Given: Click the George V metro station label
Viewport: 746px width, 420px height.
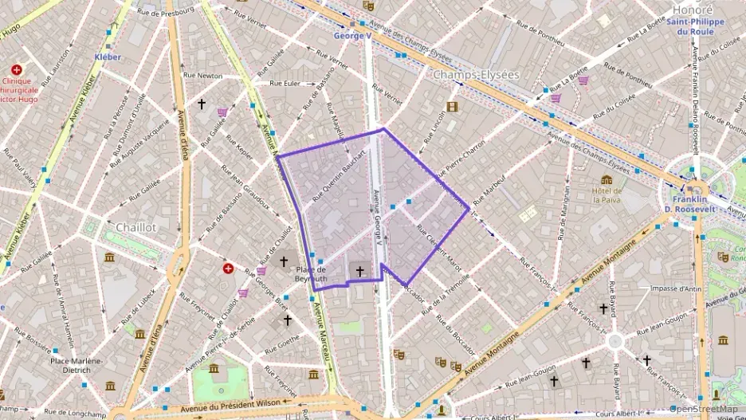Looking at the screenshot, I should pyautogui.click(x=353, y=36).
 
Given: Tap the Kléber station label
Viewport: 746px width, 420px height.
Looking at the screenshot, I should pyautogui.click(x=108, y=57).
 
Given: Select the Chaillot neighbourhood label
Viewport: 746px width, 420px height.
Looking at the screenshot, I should pyautogui.click(x=135, y=227).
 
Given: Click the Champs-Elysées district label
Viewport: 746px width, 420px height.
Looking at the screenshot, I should pyautogui.click(x=475, y=74).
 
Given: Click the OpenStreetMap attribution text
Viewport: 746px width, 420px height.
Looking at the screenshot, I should pyautogui.click(x=704, y=410).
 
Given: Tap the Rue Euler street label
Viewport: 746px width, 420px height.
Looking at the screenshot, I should pyautogui.click(x=285, y=83).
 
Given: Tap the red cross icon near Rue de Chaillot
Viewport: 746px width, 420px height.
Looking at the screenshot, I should pyautogui.click(x=229, y=269).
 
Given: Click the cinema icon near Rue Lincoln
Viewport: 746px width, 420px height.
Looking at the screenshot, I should pyautogui.click(x=453, y=107).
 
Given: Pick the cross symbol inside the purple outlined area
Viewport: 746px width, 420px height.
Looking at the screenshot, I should pyautogui.click(x=359, y=272).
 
